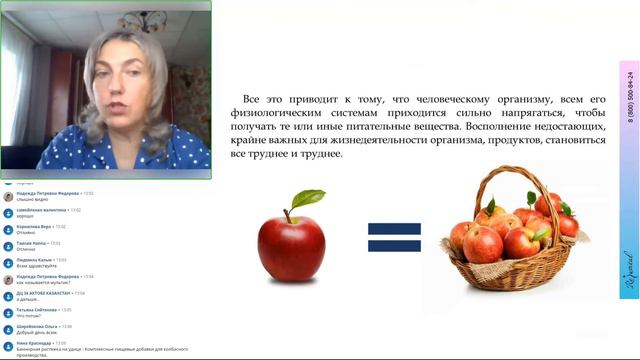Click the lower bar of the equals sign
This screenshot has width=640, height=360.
click(x=394, y=247)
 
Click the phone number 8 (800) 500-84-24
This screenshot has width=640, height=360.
click(x=631, y=95)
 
